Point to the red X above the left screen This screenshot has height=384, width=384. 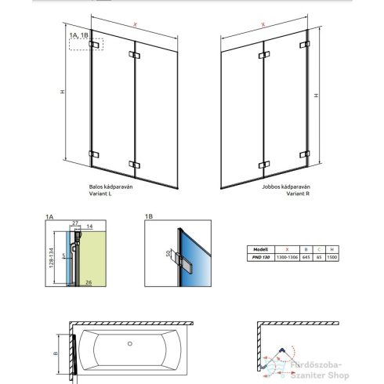(136, 24)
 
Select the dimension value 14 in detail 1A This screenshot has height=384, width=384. (89, 226)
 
